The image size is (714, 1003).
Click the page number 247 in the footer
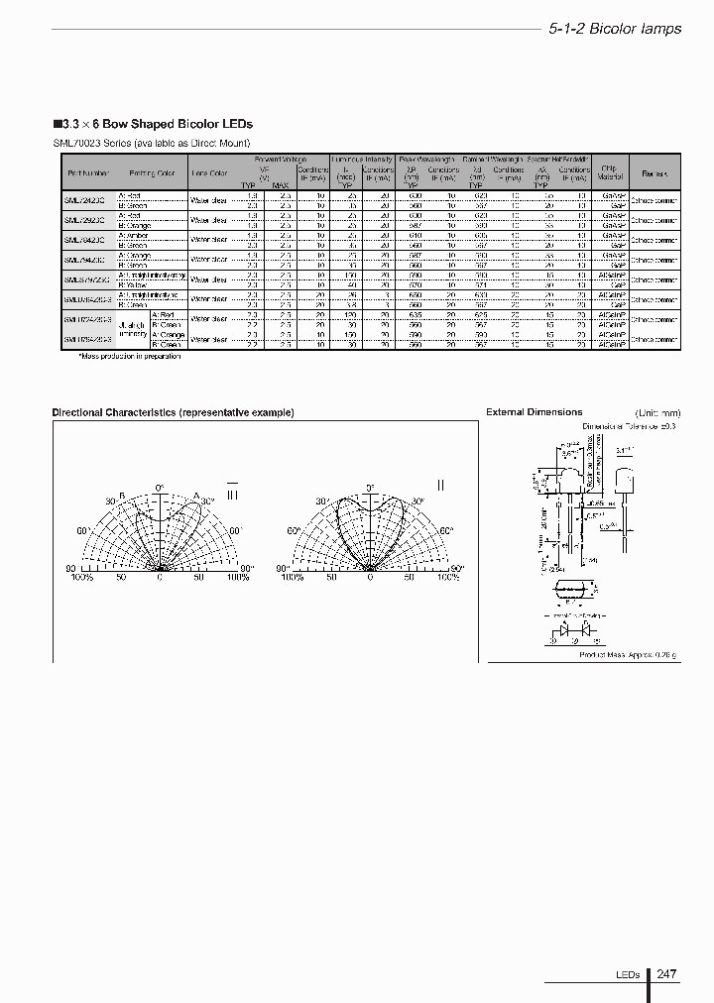[666, 974]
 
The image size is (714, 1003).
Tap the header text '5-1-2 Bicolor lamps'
[615, 29]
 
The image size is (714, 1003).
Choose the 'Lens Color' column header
[209, 173]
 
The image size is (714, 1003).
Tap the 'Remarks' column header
[654, 173]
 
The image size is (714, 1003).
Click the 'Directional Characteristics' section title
[173, 412]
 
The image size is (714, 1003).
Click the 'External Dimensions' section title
[534, 412]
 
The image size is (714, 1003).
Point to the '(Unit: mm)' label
[658, 412]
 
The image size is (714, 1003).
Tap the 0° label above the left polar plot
[159, 489]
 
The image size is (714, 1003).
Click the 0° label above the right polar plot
[370, 489]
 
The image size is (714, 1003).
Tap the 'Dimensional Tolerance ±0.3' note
[628, 425]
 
